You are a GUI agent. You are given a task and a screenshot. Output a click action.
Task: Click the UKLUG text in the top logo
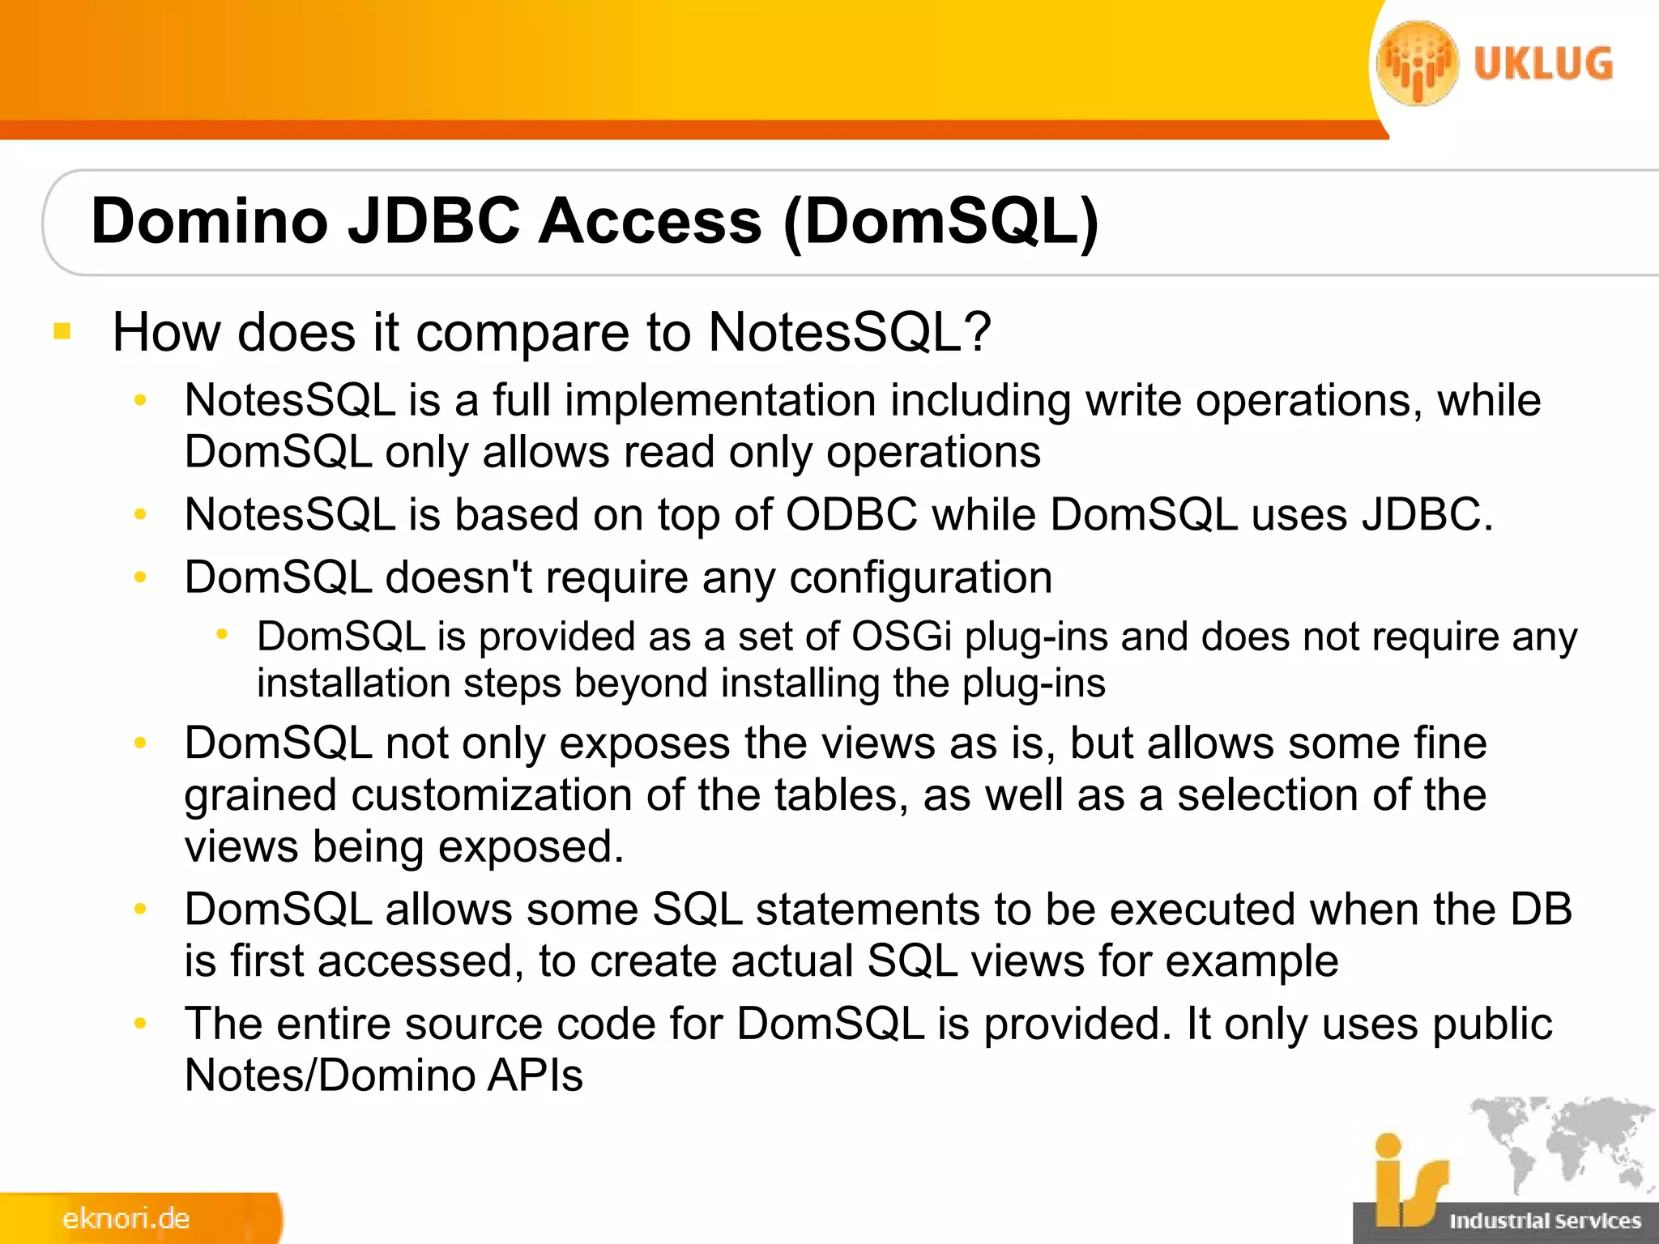1543,65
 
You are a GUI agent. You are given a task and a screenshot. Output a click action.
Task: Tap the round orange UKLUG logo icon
1418,63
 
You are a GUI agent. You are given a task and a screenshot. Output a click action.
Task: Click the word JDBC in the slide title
434,221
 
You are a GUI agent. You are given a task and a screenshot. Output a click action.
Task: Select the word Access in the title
650,221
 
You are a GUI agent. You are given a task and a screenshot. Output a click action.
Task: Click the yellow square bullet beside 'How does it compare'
62,331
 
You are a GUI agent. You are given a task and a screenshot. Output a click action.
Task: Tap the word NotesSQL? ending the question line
850,331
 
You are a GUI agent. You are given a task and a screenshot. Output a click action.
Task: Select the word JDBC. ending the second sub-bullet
1427,514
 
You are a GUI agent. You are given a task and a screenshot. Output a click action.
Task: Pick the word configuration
921,577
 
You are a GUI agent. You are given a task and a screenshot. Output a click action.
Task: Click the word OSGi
901,637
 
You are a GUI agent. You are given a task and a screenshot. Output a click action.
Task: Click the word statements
868,909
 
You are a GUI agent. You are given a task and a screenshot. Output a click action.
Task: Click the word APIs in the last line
535,1076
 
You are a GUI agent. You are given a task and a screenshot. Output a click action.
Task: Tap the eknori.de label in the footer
126,1218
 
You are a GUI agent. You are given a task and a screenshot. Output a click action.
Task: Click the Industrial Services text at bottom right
1545,1221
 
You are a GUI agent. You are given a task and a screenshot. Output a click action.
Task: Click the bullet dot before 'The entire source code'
140,1024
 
